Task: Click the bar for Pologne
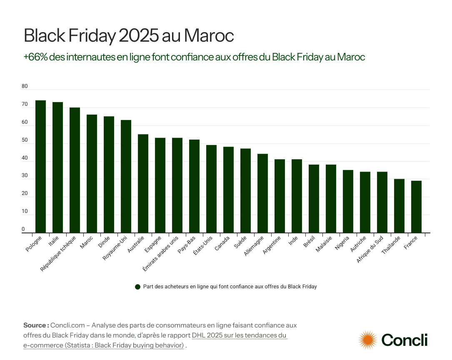click(x=40, y=167)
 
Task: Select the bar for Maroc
click(x=92, y=174)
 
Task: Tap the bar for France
click(x=416, y=207)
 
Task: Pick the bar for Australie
click(x=143, y=183)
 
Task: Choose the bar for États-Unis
click(x=211, y=189)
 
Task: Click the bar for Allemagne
click(x=262, y=193)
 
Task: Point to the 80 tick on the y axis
click(x=25, y=87)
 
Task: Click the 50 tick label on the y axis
click(x=25, y=140)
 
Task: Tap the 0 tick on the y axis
click(x=23, y=230)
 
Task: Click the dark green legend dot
click(x=137, y=287)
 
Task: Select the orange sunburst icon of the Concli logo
click(x=367, y=340)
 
